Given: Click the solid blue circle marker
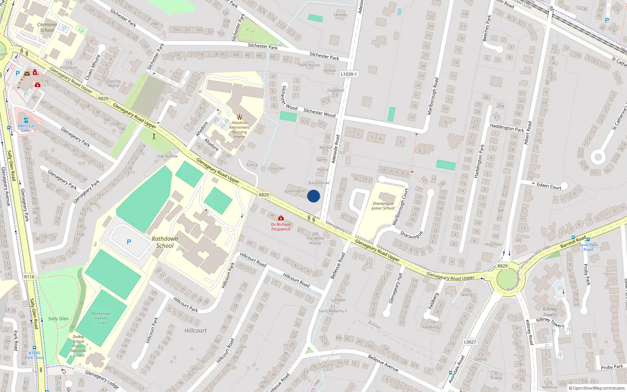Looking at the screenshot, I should pyautogui.click(x=313, y=196).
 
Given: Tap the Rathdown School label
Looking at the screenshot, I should pyautogui.click(x=165, y=242).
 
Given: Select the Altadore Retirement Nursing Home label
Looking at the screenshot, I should pyautogui.click(x=239, y=130).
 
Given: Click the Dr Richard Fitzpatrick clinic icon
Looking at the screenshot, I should pyautogui.click(x=281, y=218).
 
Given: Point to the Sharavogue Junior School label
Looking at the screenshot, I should pyautogui.click(x=383, y=206).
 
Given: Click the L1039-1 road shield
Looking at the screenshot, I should pyautogui.click(x=348, y=74).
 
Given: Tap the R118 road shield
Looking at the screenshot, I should pyautogui.click(x=29, y=277).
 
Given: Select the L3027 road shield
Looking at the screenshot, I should pyautogui.click(x=470, y=342).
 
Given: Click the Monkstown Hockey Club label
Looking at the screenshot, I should pyautogui.click(x=101, y=318).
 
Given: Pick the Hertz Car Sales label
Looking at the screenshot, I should pyautogui.click(x=26, y=128).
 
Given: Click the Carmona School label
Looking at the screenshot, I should pyautogui.click(x=47, y=27).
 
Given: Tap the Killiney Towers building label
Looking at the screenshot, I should pyautogui.click(x=550, y=312).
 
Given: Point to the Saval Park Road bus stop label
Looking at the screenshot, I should pyautogui.click(x=588, y=247).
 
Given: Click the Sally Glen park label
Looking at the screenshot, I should pyautogui.click(x=58, y=319).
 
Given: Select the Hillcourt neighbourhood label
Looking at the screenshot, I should pyautogui.click(x=195, y=330).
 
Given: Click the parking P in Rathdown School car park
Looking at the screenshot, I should pyautogui.click(x=129, y=242).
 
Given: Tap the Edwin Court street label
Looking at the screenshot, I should pyautogui.click(x=549, y=186).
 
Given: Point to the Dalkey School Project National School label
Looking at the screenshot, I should pyautogui.click(x=78, y=346).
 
